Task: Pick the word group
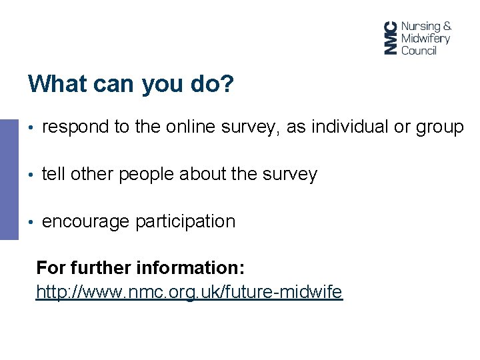pos(439,127)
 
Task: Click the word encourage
pos(86,221)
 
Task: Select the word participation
pos(185,221)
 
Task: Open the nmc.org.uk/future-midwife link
pos(189,292)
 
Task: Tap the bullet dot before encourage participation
pos(31,222)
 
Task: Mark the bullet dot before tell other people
pos(31,175)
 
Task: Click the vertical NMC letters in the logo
pos(391,38)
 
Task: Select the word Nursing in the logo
pos(421,27)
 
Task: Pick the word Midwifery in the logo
pos(425,38)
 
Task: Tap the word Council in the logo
pos(419,50)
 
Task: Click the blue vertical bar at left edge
pos(9,179)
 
